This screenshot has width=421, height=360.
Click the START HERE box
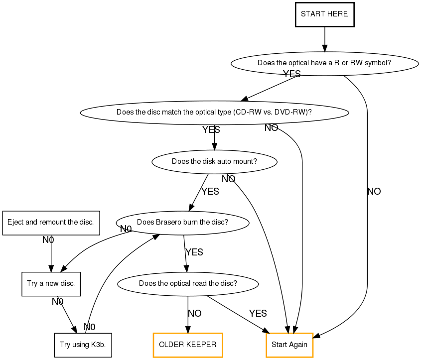(324, 14)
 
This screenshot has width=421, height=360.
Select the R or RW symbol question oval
(324, 63)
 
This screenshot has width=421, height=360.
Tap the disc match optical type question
(214, 112)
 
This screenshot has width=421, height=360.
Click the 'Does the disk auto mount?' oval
(214, 161)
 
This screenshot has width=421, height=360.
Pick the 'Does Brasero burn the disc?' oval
(182, 222)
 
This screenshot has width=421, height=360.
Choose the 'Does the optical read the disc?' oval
(188, 284)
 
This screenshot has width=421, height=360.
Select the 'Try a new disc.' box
(51, 284)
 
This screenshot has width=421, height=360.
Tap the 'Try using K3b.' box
(83, 345)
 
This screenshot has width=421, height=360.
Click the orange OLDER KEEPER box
(187, 345)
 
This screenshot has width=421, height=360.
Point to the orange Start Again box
(289, 345)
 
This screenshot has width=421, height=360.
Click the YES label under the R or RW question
(292, 74)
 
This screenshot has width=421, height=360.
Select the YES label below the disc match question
(211, 130)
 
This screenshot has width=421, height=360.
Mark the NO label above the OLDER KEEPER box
(195, 314)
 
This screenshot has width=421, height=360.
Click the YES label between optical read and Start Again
(258, 314)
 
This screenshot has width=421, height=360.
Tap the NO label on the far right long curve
(374, 192)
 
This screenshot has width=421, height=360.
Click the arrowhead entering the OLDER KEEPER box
(188, 329)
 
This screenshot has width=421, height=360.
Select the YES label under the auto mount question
(210, 192)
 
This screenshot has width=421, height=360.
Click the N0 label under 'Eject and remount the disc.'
(48, 240)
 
